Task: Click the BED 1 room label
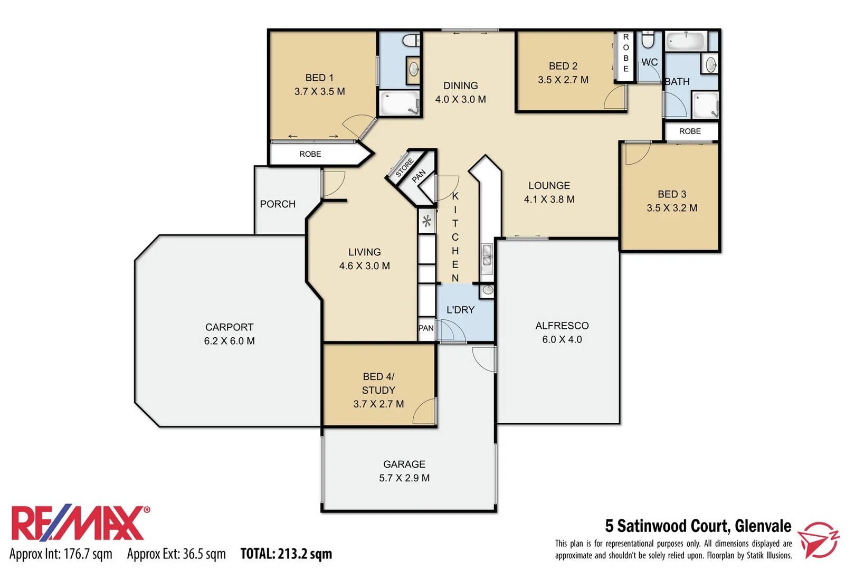319,78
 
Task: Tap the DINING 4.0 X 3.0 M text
460,92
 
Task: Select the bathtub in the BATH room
686,41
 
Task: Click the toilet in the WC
648,40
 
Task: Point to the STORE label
405,167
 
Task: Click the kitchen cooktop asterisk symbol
427,221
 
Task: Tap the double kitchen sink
487,259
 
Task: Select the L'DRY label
460,310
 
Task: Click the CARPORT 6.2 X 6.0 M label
229,334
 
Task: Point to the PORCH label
278,204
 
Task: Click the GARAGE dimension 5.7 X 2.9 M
404,478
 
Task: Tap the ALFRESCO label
562,326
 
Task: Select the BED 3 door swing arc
636,154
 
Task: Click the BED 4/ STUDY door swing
424,411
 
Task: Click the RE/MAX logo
79,524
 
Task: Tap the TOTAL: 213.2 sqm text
286,554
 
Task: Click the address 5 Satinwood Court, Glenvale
698,526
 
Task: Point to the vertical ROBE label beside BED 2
626,53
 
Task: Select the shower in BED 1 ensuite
400,103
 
